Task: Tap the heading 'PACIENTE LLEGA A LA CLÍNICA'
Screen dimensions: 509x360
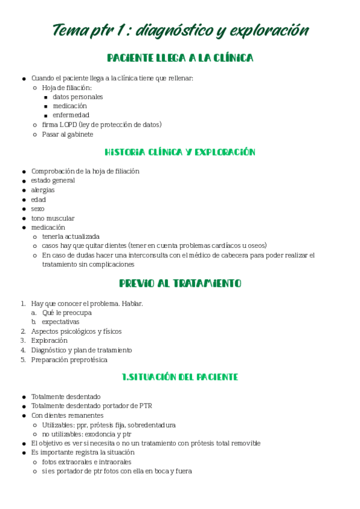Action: click(180, 58)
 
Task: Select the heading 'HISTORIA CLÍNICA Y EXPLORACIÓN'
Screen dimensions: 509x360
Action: click(180, 152)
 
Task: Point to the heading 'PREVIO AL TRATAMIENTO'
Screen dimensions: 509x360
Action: click(180, 283)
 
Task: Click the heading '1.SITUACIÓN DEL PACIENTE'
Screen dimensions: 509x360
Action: click(180, 377)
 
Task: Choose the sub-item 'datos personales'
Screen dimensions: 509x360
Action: click(77, 97)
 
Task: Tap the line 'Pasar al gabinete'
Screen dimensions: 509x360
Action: click(67, 134)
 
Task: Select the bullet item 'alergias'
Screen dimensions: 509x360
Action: click(43, 190)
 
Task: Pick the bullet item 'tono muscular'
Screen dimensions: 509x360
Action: click(53, 218)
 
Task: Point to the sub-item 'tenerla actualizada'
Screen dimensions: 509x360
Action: click(71, 236)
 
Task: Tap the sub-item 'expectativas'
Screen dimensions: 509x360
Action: click(61, 322)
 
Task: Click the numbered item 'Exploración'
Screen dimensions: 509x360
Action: click(49, 340)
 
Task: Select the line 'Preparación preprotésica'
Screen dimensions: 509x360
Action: click(70, 360)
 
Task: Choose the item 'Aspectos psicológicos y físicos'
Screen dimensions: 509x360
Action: click(76, 331)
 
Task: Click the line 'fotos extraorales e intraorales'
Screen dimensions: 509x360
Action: click(86, 462)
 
